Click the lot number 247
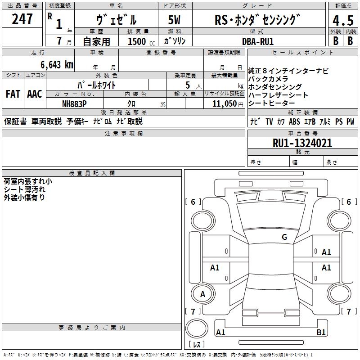(x=22, y=19)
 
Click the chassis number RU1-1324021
(x=302, y=144)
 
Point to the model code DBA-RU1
(x=257, y=41)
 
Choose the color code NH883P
(x=74, y=103)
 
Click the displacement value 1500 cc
(x=140, y=41)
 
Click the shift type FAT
(x=13, y=94)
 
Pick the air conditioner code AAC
(x=35, y=94)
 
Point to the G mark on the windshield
(x=284, y=237)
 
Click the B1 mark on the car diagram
(x=321, y=333)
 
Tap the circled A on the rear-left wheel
(x=202, y=294)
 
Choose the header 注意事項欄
(x=123, y=134)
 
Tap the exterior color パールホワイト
(x=97, y=85)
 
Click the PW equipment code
(x=350, y=121)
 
